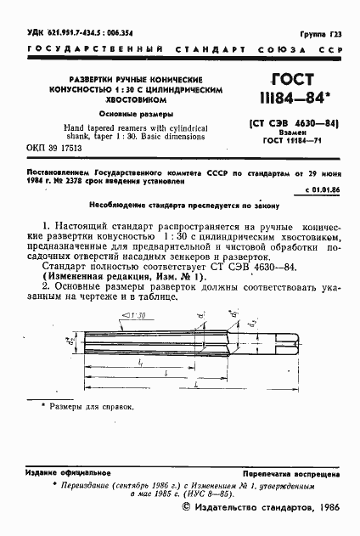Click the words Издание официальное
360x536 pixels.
click(x=68, y=471)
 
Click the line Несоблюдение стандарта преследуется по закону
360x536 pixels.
click(x=179, y=206)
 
